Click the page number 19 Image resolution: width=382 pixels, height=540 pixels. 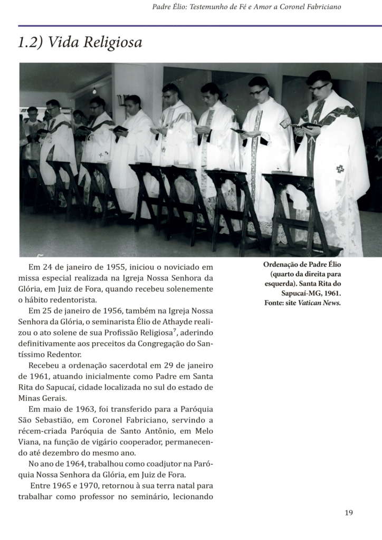(349, 513)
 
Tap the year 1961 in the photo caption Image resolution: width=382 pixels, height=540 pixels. (329, 293)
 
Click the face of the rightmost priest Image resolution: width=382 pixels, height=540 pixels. (320, 89)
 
